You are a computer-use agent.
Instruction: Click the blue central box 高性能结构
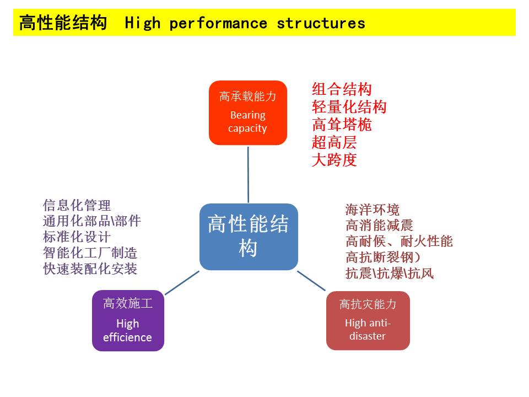tap(248, 237)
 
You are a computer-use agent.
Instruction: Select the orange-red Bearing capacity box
tap(248, 113)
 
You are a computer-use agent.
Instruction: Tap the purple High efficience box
tap(128, 320)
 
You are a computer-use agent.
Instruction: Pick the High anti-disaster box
tap(368, 320)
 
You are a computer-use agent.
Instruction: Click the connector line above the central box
tap(248, 174)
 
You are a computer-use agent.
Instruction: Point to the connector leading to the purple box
tap(182, 282)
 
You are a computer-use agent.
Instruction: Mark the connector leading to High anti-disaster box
tap(311, 281)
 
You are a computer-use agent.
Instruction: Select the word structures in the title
tap(321, 23)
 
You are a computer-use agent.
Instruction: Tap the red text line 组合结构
tap(342, 89)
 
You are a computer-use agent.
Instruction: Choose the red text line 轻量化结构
tap(349, 107)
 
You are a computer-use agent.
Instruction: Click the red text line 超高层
tap(334, 142)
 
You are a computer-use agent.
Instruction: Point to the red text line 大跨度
tap(334, 160)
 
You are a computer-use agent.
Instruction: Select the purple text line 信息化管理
tap(77, 205)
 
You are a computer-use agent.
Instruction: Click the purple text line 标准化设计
tap(77, 237)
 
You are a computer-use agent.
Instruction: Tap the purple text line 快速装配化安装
tap(90, 269)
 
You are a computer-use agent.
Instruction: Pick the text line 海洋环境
tap(372, 210)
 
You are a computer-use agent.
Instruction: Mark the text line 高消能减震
tap(379, 225)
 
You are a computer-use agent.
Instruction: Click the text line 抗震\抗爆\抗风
tap(389, 273)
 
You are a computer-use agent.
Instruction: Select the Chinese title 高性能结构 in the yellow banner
tap(63, 23)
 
